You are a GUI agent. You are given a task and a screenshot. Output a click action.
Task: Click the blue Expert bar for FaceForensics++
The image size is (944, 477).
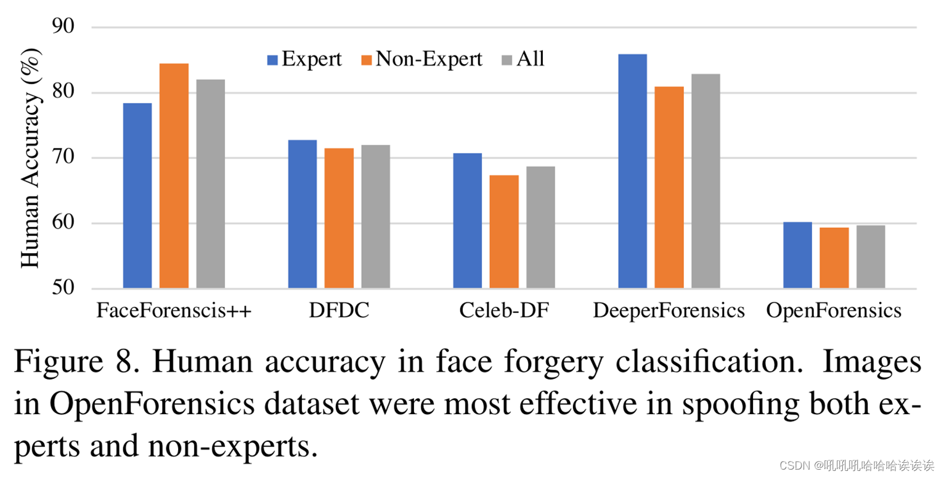(x=137, y=195)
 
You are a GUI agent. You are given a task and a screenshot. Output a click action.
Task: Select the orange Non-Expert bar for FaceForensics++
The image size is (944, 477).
(x=174, y=176)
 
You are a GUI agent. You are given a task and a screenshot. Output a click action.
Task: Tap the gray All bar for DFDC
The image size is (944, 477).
(x=375, y=216)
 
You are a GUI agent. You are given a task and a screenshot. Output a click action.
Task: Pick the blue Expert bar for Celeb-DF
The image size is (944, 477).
(x=467, y=221)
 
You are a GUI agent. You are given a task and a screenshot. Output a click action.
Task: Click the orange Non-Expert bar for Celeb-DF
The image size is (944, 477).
(x=504, y=232)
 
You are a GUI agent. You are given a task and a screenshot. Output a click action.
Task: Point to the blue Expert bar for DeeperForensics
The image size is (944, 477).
(x=632, y=171)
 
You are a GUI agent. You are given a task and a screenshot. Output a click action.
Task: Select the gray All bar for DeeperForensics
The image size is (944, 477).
(x=706, y=181)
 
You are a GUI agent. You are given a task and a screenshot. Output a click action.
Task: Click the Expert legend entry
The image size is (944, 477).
(x=304, y=59)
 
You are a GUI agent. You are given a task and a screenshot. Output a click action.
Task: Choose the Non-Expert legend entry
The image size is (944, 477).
(x=421, y=59)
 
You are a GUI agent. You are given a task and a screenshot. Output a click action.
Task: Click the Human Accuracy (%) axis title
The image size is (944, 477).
(x=30, y=159)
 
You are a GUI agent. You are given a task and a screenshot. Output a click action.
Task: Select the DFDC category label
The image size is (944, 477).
(x=339, y=311)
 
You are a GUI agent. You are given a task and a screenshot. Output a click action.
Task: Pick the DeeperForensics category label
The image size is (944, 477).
(x=669, y=311)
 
